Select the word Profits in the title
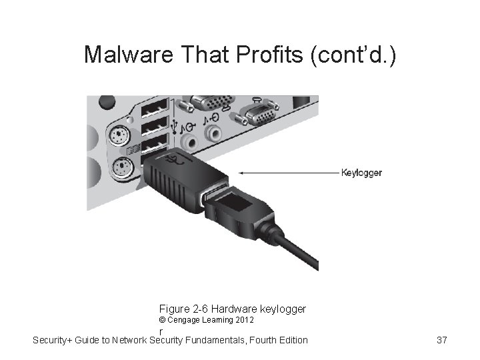[271, 55]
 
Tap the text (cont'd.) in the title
[353, 55]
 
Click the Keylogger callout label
[361, 173]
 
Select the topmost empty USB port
[155, 107]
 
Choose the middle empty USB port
[155, 125]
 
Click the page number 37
[441, 341]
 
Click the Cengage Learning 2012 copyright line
[206, 320]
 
